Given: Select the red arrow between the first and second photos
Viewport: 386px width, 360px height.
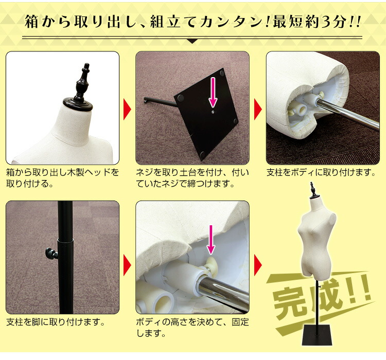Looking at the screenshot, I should point(128,109).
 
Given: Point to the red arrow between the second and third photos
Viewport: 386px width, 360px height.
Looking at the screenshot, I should point(257,109).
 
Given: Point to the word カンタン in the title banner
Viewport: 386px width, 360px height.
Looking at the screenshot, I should point(217,23).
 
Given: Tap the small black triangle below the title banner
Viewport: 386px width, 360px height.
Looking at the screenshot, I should point(192,41).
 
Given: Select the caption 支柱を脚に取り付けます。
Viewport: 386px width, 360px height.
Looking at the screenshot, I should point(56,322).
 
